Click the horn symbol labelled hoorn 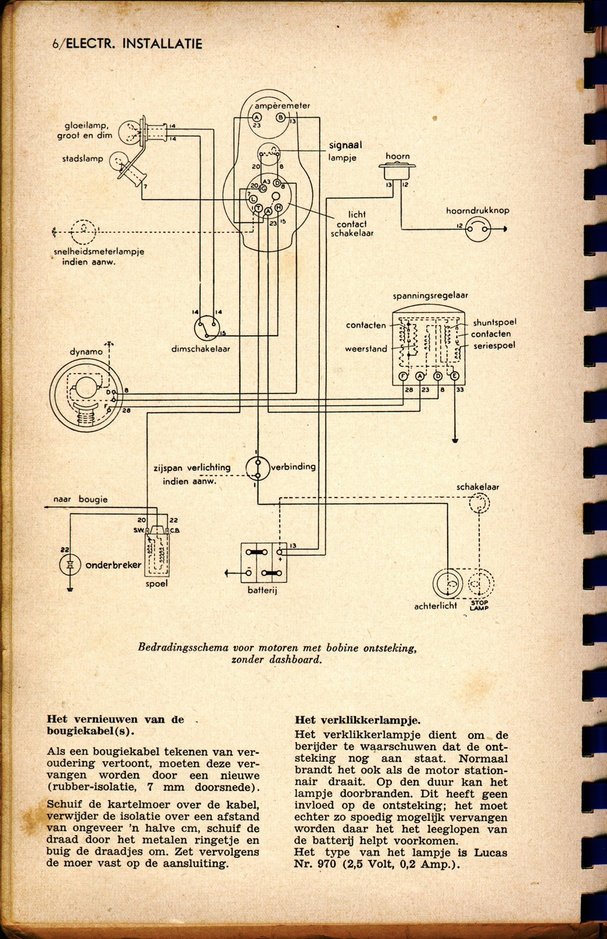[397, 170]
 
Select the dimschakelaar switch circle [207, 328]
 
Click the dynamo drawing [86, 395]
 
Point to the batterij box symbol [264, 562]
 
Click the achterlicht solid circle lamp [448, 583]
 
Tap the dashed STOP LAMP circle [478, 583]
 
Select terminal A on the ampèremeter [257, 118]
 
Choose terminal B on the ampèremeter [281, 118]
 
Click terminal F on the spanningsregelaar [403, 376]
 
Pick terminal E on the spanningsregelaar [454, 376]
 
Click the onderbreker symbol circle [70, 564]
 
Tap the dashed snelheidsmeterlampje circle [83, 232]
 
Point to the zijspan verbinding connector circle [257, 469]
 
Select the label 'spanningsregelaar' [430, 295]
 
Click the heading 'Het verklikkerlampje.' [357, 720]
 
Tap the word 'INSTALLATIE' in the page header [162, 44]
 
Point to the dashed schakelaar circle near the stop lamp [478, 503]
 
